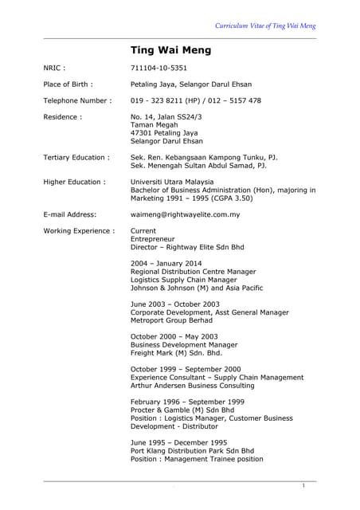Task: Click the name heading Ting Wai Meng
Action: coord(170,50)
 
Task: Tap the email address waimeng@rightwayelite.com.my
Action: coord(185,214)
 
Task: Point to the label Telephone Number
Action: coord(76,100)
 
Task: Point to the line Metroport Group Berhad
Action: coord(171,320)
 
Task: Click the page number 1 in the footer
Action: coord(304,485)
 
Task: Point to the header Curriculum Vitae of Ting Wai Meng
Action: coord(265,25)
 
